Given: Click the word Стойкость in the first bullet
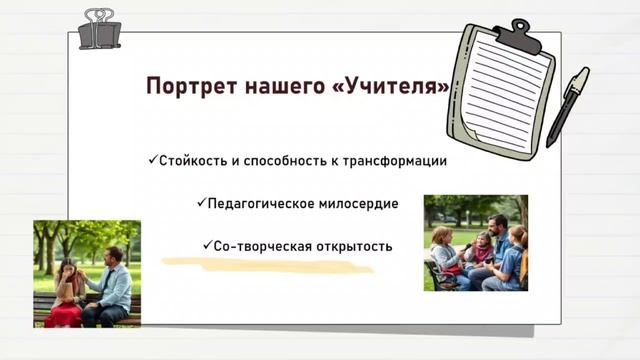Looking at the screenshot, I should [x=191, y=161].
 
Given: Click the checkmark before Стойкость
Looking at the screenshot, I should [x=152, y=160].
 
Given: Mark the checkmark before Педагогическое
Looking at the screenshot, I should [x=200, y=203].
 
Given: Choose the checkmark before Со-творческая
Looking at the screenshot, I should [x=206, y=245].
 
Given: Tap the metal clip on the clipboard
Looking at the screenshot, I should [x=520, y=35].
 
